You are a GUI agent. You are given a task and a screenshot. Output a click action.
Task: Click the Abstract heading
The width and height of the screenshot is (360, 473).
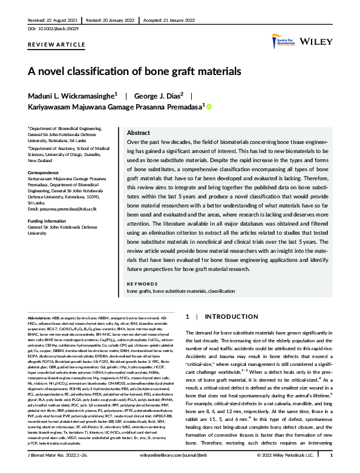click(138, 132)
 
